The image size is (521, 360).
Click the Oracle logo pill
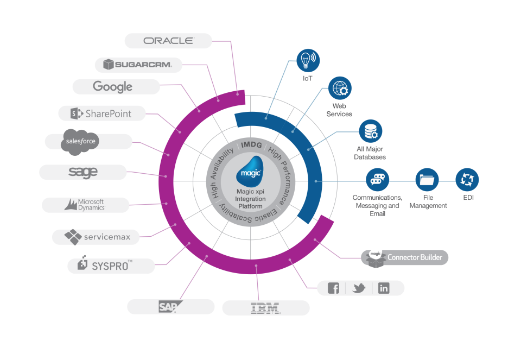(168, 41)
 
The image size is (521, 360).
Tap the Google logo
(113, 86)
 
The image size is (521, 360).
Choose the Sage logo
(83, 172)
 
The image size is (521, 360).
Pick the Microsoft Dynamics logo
(85, 205)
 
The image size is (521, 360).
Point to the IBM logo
(265, 308)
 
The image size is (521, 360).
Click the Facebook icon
(334, 288)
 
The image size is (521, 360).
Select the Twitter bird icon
(359, 288)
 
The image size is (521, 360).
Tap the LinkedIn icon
(384, 288)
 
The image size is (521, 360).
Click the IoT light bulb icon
(308, 60)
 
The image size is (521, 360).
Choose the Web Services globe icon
(340, 87)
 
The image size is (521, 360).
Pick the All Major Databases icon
(371, 131)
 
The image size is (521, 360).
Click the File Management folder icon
(427, 179)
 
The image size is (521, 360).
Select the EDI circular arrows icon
(467, 179)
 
